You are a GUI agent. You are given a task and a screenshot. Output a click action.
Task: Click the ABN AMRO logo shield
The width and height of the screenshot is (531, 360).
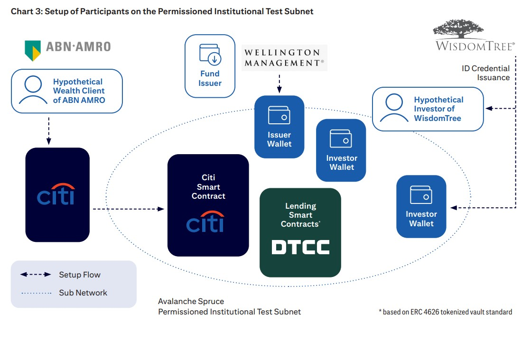click(33, 50)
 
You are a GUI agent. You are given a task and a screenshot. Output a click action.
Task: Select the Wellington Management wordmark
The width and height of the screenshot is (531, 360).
click(284, 57)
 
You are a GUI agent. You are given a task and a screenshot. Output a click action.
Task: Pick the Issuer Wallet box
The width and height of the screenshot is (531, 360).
click(279, 127)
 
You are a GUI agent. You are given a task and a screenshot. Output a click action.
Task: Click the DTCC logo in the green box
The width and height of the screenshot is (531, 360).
click(300, 247)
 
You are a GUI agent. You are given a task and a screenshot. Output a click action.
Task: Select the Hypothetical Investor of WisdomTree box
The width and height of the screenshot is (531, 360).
click(428, 109)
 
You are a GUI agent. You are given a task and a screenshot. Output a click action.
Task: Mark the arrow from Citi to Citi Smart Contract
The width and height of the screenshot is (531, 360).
click(128, 209)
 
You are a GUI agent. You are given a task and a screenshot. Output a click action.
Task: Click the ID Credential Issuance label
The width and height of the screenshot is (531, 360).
click(486, 73)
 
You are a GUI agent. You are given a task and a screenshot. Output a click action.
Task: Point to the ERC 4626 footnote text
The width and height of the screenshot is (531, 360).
click(446, 312)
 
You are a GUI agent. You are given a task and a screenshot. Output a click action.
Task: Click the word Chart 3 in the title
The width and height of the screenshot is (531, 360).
click(26, 11)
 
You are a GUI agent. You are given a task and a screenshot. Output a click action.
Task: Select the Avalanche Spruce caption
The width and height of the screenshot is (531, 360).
click(191, 301)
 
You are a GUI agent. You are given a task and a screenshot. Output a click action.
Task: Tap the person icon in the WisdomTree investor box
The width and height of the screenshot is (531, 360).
click(394, 109)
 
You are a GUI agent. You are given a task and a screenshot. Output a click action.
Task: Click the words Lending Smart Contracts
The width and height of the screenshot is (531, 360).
click(300, 215)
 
